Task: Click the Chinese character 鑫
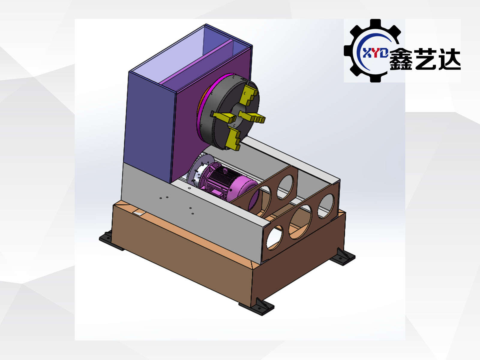coord(401,59)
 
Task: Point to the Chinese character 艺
coord(425,59)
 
